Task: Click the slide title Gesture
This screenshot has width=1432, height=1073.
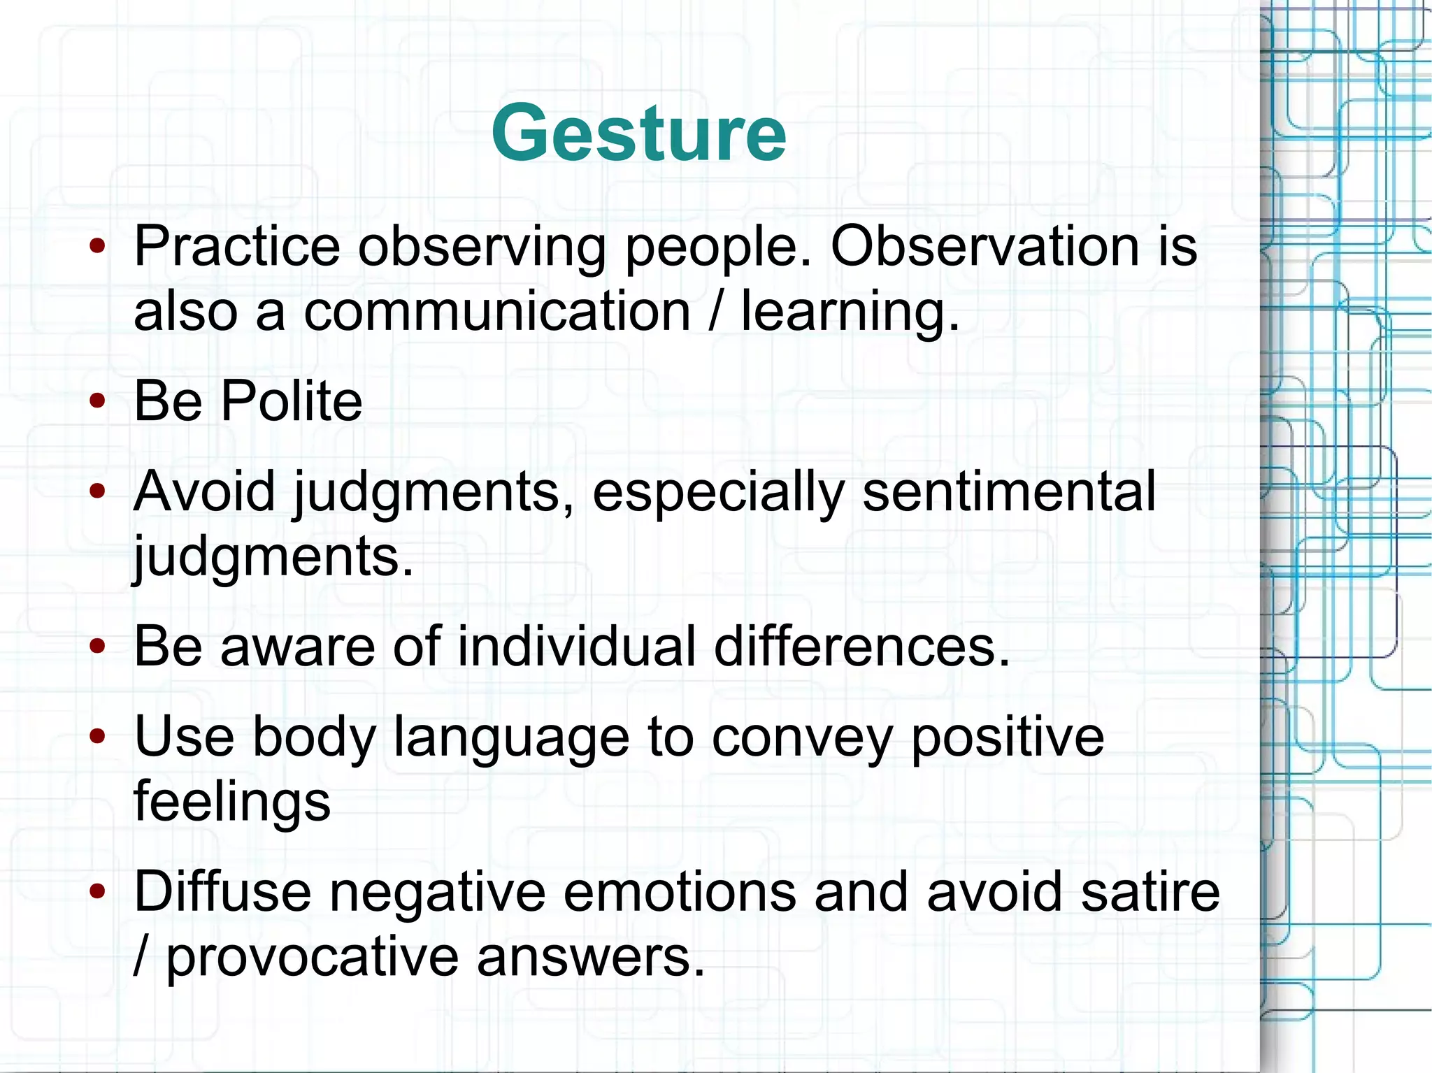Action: tap(638, 133)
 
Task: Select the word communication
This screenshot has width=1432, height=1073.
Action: tap(496, 311)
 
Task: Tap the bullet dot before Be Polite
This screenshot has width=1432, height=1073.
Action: tap(98, 401)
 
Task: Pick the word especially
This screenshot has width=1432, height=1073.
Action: tap(719, 493)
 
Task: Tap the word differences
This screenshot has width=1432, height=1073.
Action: tap(861, 646)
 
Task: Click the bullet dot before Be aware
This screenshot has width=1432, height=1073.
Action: tap(98, 647)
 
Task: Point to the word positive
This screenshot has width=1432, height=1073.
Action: tap(1007, 737)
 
